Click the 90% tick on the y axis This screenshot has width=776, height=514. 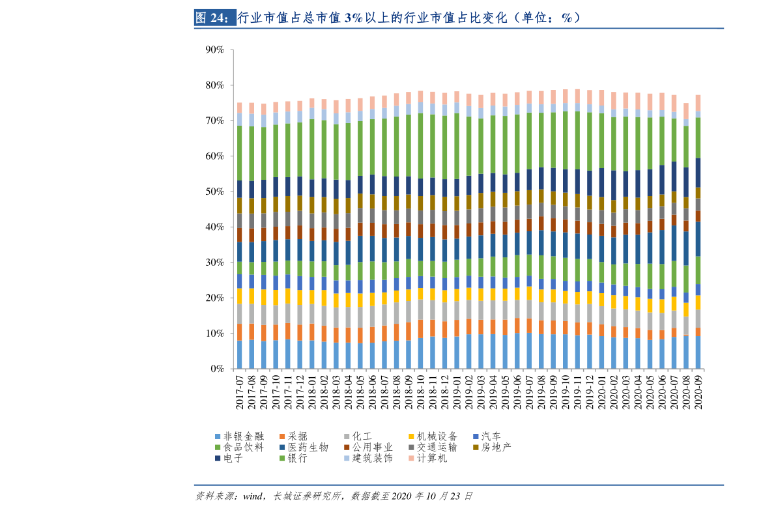tap(214, 50)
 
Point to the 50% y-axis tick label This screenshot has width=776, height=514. tap(214, 192)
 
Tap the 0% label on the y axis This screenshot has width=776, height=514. tap(217, 369)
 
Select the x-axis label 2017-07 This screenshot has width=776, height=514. tap(240, 391)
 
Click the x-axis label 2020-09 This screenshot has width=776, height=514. tap(698, 391)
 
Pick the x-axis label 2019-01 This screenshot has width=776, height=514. tap(457, 391)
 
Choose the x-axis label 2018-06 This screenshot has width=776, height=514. tap(372, 391)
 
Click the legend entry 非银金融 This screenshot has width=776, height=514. tap(238, 436)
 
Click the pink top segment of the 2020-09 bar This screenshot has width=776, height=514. tap(698, 103)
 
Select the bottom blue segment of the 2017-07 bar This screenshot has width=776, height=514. tap(240, 354)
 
